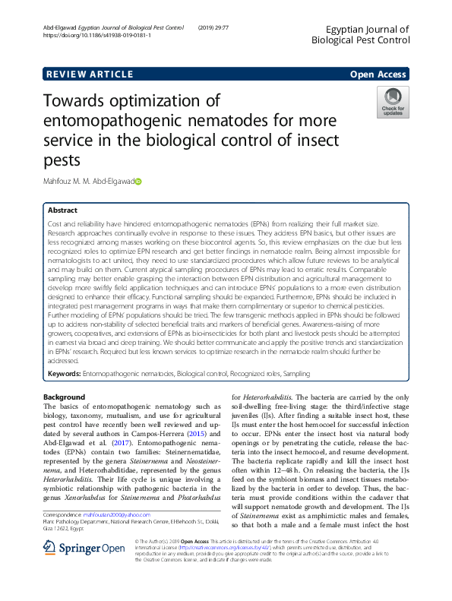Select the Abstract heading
62,210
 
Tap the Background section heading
64,397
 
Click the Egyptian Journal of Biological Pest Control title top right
362,33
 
